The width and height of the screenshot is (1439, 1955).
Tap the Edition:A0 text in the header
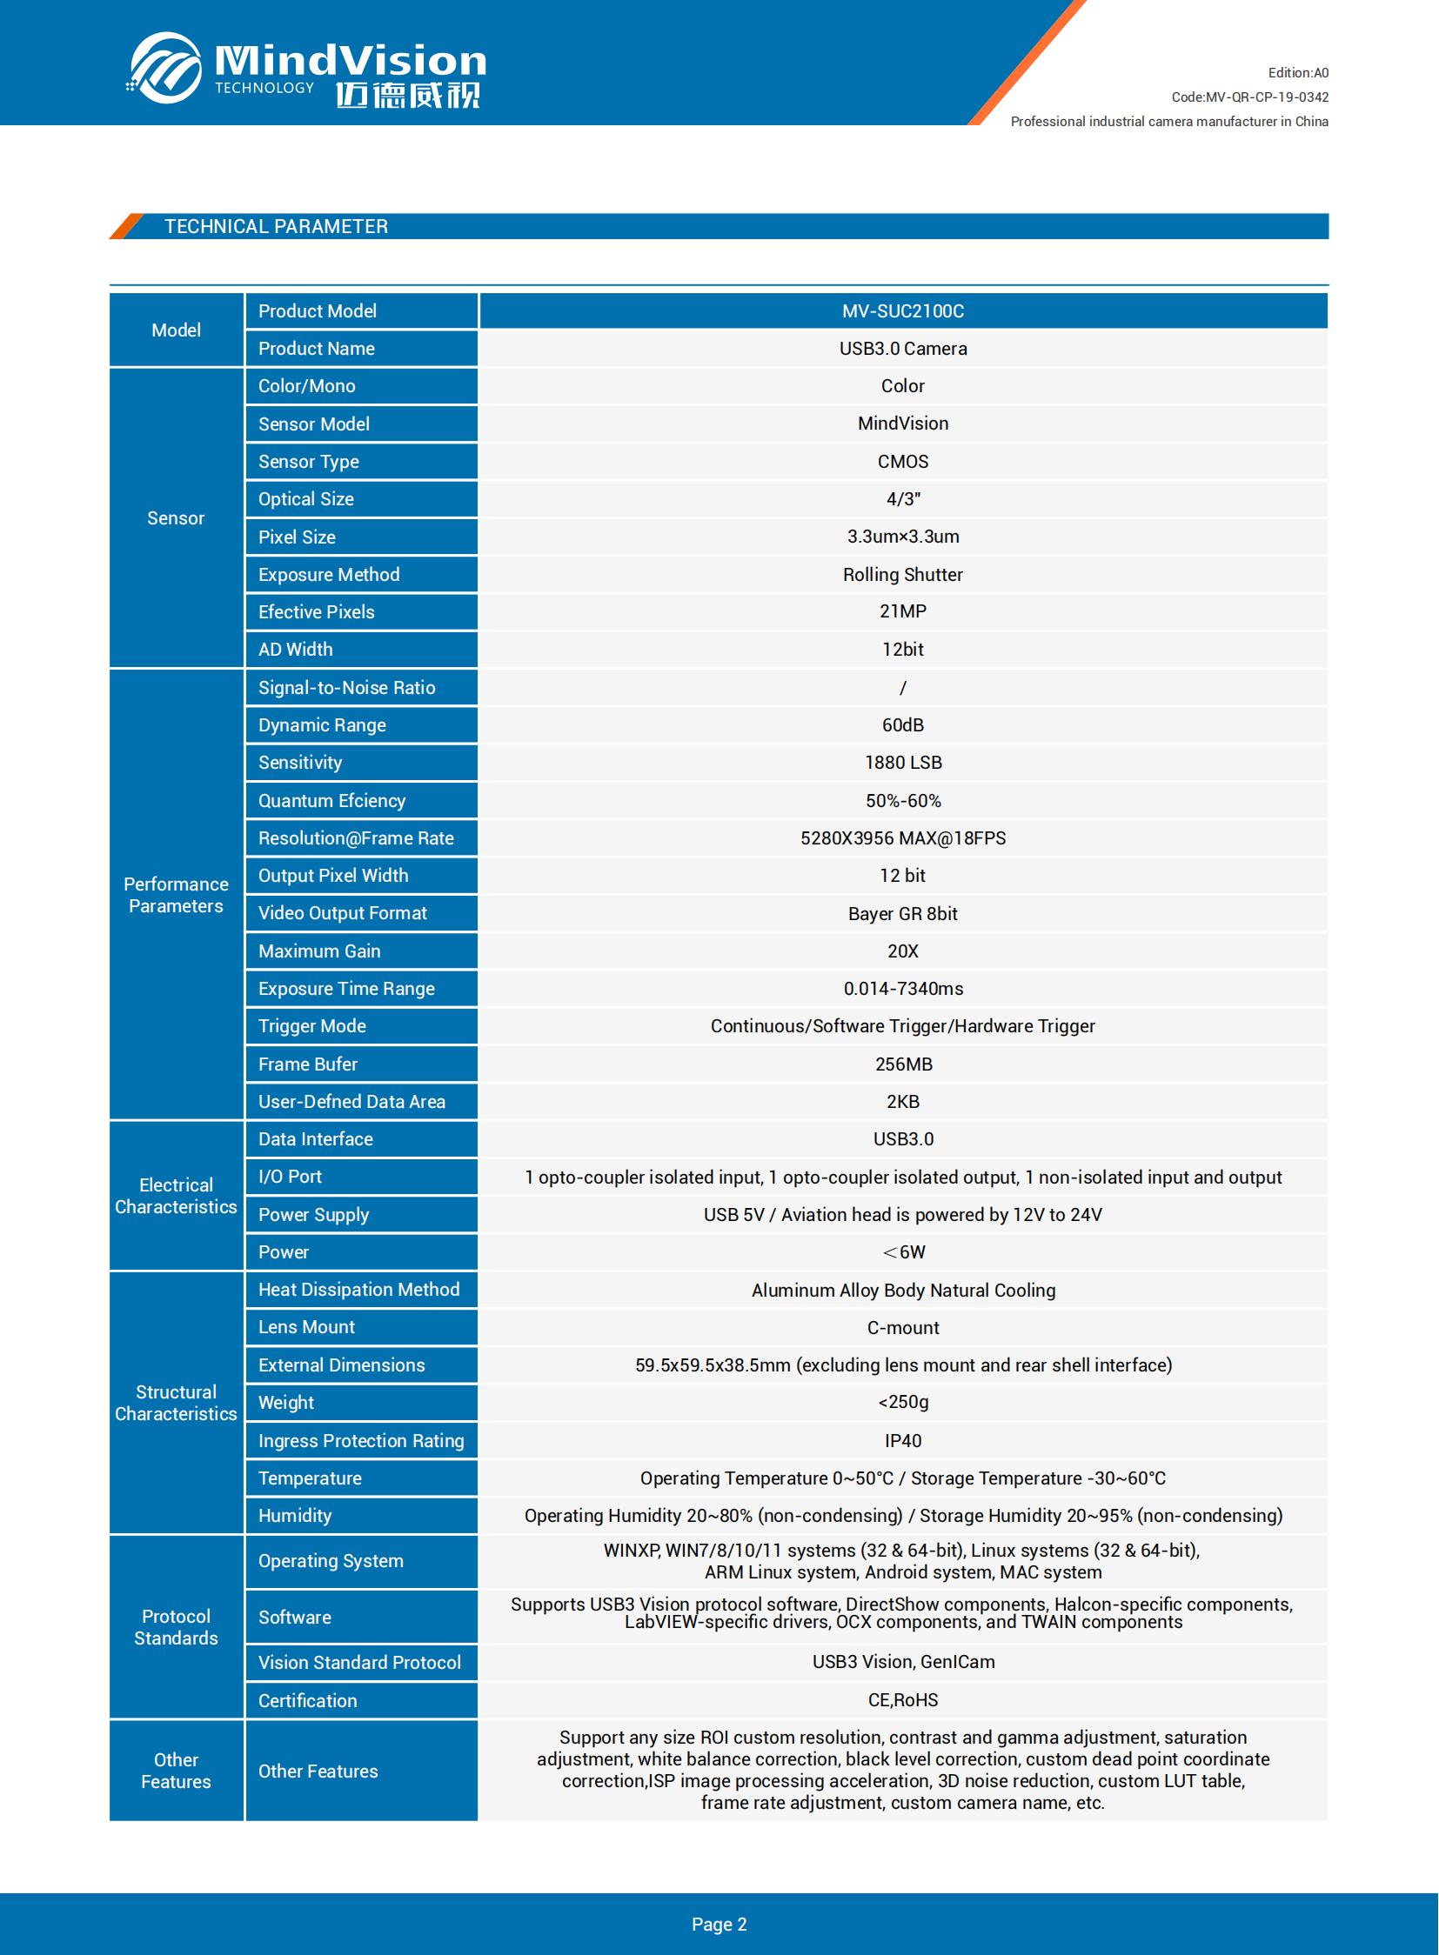(1297, 73)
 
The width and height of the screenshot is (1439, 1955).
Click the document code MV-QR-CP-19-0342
(1249, 97)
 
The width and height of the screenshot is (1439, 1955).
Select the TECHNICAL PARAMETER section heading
(276, 226)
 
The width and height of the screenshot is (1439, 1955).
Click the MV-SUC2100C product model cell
(902, 310)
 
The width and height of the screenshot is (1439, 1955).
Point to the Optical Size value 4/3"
(902, 499)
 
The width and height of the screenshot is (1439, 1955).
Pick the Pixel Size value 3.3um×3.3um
(902, 537)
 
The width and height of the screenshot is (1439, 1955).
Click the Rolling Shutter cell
(902, 575)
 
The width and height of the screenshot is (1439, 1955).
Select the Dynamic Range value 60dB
(902, 724)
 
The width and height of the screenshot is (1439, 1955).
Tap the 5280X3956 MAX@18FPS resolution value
(902, 837)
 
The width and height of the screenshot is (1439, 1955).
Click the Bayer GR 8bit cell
(902, 913)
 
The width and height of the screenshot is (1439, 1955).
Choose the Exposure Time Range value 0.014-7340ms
(902, 989)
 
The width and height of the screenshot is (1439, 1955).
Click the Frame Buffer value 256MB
(902, 1064)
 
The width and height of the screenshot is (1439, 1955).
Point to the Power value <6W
(902, 1252)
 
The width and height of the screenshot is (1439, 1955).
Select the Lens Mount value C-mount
(902, 1327)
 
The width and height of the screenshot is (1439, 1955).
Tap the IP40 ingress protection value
(902, 1440)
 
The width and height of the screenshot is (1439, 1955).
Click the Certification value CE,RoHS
(902, 1700)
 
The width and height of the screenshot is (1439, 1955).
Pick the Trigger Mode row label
(311, 1026)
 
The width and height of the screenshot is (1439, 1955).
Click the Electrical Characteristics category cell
(176, 1196)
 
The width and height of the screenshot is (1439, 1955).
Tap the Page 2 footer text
(719, 1925)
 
